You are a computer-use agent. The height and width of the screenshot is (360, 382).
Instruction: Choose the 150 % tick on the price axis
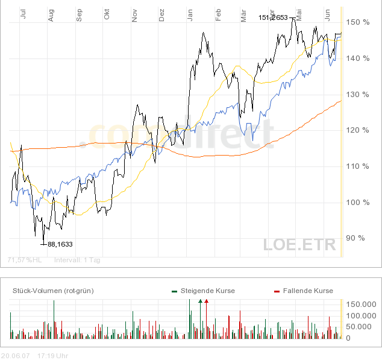pyautogui.click(x=357, y=22)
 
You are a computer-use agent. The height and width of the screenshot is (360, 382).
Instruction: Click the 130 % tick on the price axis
pyautogui.click(x=357, y=95)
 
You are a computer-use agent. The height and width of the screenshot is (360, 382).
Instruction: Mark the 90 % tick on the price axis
pyautogui.click(x=355, y=238)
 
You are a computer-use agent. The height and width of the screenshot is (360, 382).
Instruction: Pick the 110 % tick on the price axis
pyautogui.click(x=357, y=166)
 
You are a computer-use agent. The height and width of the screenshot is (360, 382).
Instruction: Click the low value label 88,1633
pyautogui.click(x=60, y=244)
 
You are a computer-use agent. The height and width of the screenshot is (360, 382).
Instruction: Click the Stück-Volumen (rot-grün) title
pyautogui.click(x=53, y=291)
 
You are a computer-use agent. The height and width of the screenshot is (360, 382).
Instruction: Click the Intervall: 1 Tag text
pyautogui.click(x=77, y=261)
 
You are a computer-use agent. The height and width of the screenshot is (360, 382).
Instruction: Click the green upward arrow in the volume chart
pyautogui.click(x=200, y=300)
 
